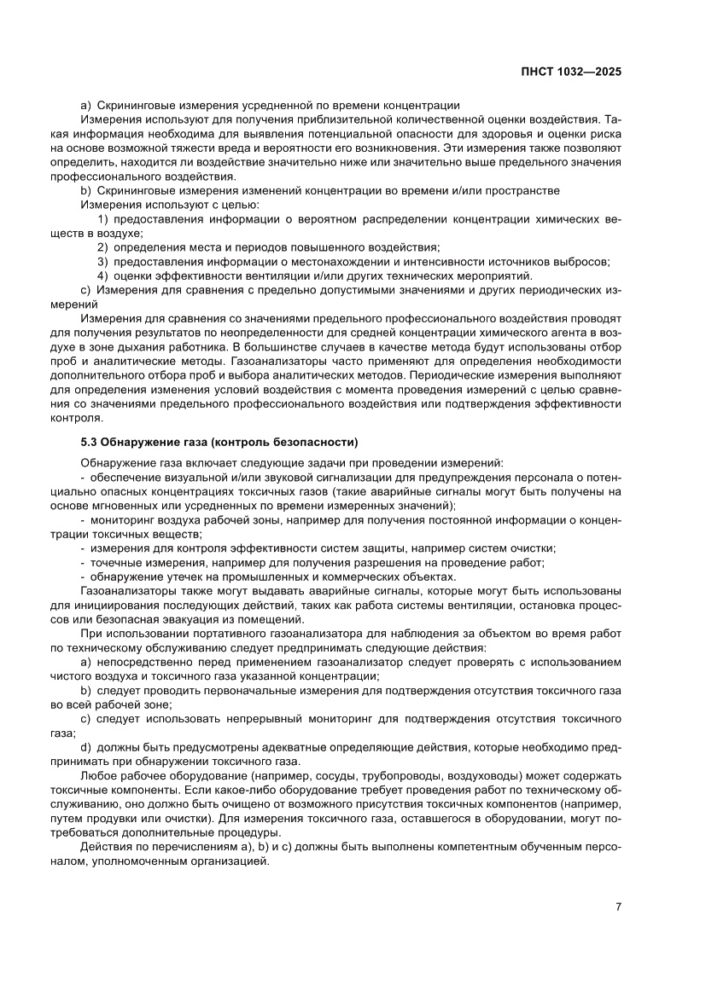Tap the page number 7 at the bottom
coord(617,907)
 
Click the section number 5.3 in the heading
coord(89,442)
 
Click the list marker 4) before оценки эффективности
coord(102,275)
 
